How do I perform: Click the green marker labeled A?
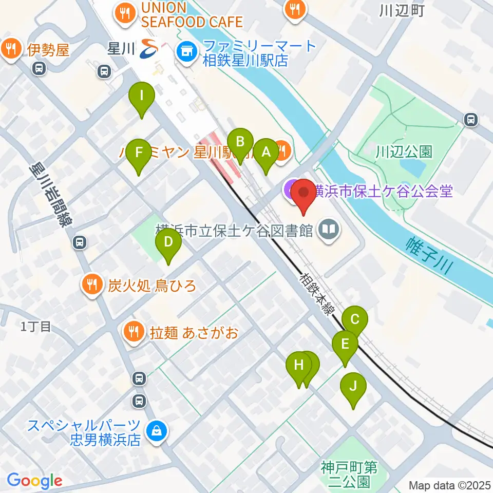266,153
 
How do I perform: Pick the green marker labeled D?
168,242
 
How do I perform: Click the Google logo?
34,481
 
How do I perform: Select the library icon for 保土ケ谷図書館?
328,230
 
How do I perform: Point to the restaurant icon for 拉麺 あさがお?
134,332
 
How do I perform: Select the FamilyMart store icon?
185,51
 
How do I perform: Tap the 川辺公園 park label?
403,151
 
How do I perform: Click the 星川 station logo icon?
149,49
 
